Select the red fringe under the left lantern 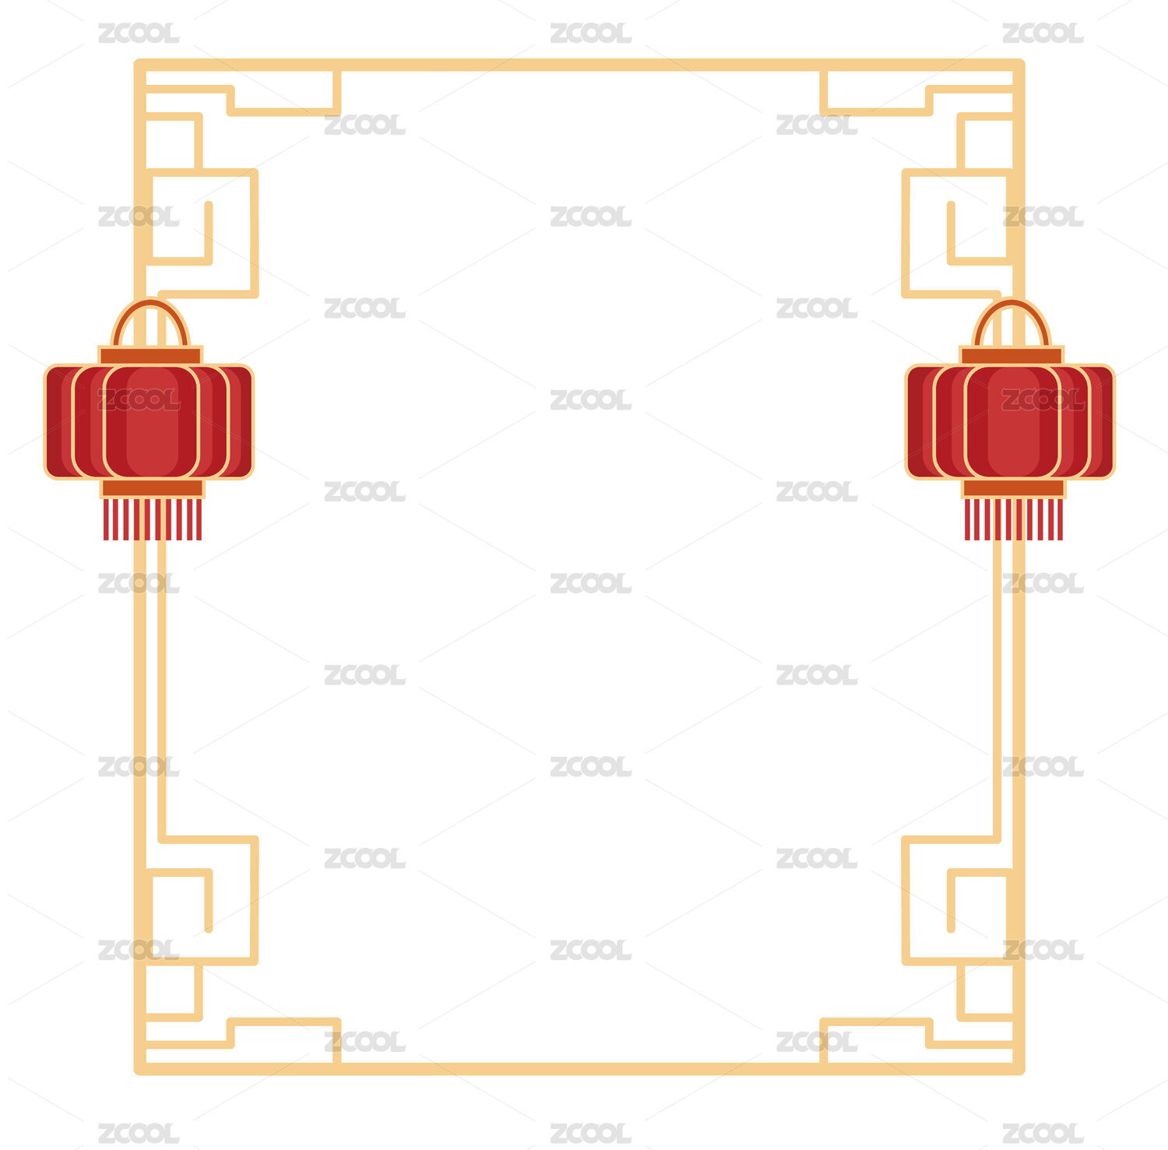[x=153, y=519]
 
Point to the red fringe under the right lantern [x=1014, y=519]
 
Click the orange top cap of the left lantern [x=150, y=355]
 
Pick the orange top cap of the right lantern [x=1011, y=355]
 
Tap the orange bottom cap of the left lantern [x=153, y=488]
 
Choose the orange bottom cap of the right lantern [x=1014, y=488]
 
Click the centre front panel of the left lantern [x=151, y=421]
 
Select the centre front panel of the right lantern [x=1012, y=421]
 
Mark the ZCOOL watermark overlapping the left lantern [x=139, y=399]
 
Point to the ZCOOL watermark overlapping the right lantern [x=1043, y=399]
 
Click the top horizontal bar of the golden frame [x=579, y=65]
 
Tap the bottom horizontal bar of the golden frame [x=579, y=1069]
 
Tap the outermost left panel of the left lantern [x=58, y=421]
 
